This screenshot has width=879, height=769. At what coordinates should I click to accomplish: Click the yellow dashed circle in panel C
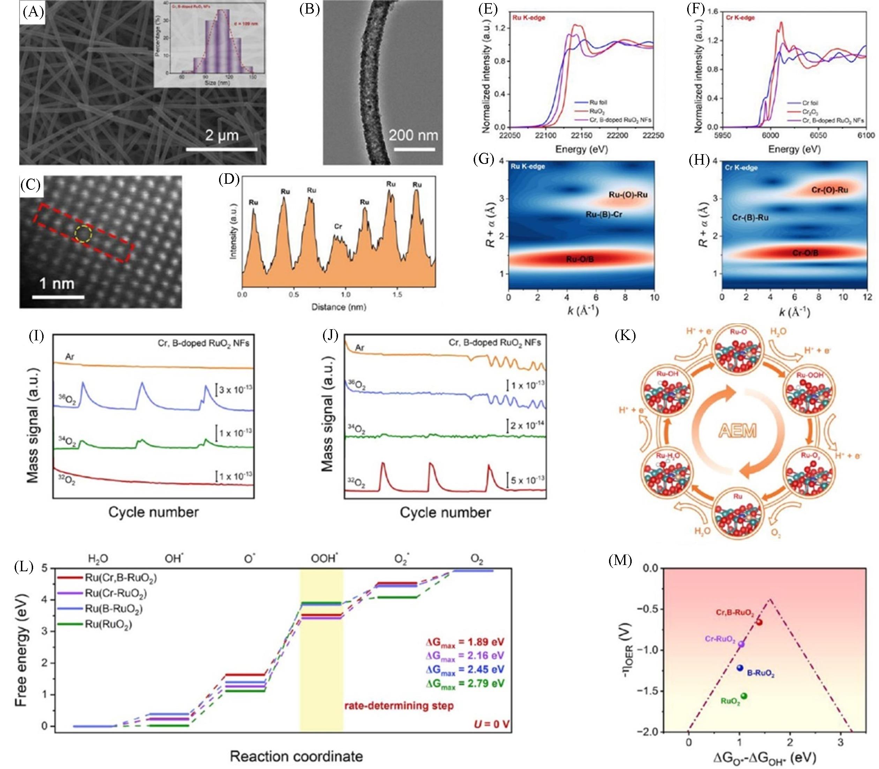point(83,233)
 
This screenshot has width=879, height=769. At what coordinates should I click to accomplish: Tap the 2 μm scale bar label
point(221,136)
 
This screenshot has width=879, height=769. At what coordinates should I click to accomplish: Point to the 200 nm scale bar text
point(413,136)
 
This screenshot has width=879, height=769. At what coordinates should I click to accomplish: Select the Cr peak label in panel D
point(338,226)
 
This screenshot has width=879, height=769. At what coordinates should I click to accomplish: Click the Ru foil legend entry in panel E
point(598,103)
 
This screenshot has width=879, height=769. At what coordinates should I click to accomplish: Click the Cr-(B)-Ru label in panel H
point(750,218)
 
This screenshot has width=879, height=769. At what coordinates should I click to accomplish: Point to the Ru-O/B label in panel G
point(580,259)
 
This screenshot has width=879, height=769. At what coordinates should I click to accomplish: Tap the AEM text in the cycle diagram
point(738,430)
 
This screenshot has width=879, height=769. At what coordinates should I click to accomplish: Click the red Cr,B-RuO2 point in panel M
point(759,622)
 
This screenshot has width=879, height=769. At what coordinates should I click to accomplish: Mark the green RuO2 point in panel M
point(744,696)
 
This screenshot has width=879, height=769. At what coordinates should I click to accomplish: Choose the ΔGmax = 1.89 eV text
point(465,642)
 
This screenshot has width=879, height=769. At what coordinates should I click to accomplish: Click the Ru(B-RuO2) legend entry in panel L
point(113,609)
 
